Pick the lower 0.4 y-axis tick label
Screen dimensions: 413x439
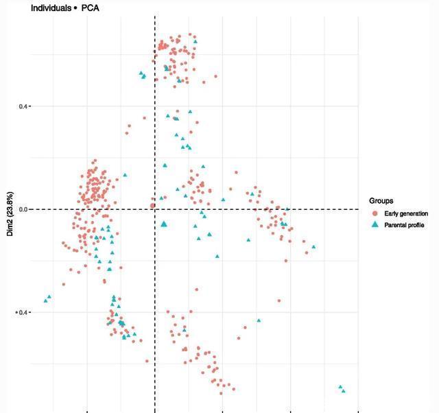22,313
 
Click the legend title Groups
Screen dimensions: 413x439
381,202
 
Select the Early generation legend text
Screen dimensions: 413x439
406,214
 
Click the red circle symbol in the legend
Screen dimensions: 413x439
375,214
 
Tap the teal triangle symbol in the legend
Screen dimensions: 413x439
375,225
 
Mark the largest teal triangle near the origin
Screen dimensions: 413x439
164,224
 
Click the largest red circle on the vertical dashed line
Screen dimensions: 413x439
153,205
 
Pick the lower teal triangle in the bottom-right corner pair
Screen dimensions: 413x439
344,391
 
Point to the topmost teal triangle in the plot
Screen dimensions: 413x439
195,41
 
